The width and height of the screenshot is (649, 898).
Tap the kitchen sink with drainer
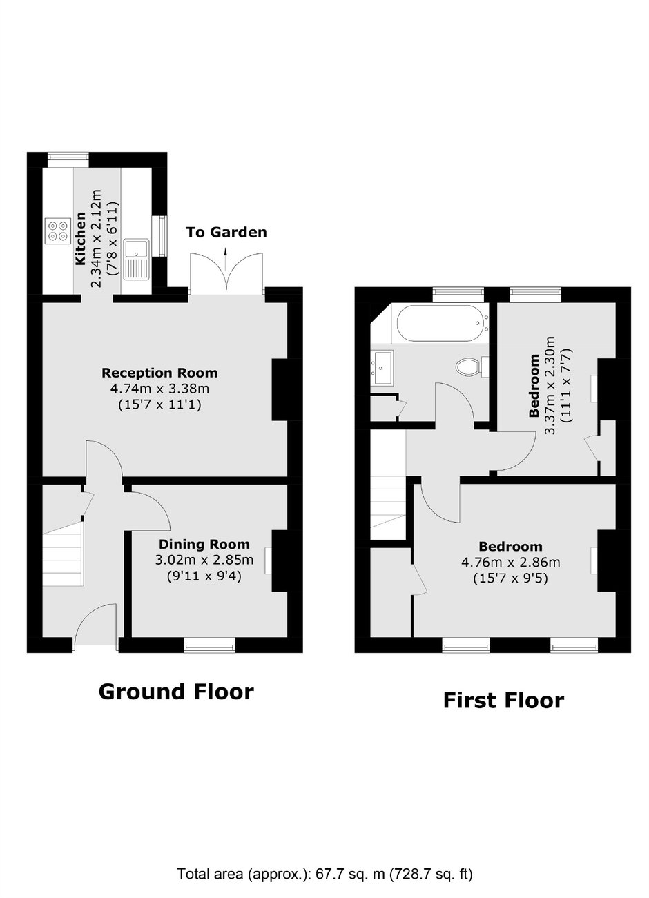click(x=136, y=259)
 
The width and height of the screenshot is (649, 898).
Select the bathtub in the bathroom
click(x=443, y=324)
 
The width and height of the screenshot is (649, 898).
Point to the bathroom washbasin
click(x=382, y=368)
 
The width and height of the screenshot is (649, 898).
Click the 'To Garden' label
click(x=226, y=232)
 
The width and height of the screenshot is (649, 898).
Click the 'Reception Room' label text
click(x=159, y=373)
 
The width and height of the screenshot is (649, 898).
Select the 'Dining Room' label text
click(x=204, y=544)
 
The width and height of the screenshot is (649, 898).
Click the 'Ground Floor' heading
click(x=176, y=692)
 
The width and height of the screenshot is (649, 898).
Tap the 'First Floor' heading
click(x=504, y=701)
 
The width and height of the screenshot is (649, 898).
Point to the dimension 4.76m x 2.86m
click(x=511, y=563)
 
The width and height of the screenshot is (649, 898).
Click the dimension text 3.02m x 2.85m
click(x=204, y=560)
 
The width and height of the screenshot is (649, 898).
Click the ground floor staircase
click(x=63, y=555)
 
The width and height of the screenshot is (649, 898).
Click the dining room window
click(x=210, y=645)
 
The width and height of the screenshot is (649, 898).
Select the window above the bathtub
click(x=458, y=294)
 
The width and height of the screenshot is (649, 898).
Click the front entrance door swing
click(x=95, y=624)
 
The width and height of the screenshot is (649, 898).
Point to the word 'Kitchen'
click(x=81, y=239)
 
